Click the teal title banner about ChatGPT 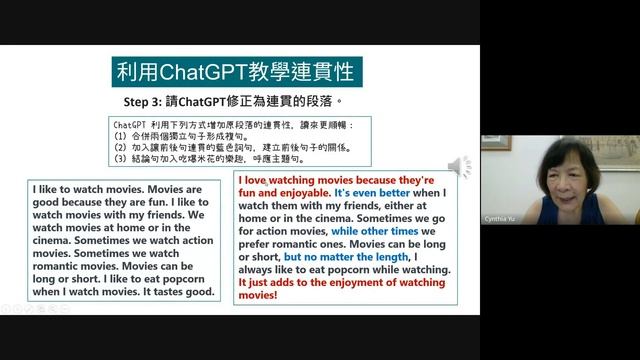tap(236, 72)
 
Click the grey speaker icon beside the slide tap(459, 166)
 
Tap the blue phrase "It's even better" tap(373, 191)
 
